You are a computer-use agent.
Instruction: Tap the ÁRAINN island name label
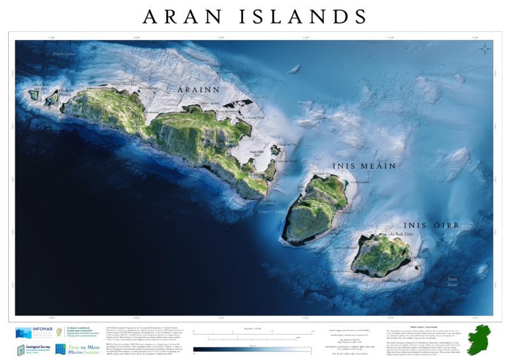[199, 90]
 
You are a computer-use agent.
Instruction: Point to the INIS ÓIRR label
[431, 225]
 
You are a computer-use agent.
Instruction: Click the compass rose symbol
[485, 49]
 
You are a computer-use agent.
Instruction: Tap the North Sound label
[64, 54]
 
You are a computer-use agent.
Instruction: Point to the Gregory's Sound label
[272, 210]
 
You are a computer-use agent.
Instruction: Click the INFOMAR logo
[32, 333]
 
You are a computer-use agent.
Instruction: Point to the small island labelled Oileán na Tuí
[275, 151]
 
